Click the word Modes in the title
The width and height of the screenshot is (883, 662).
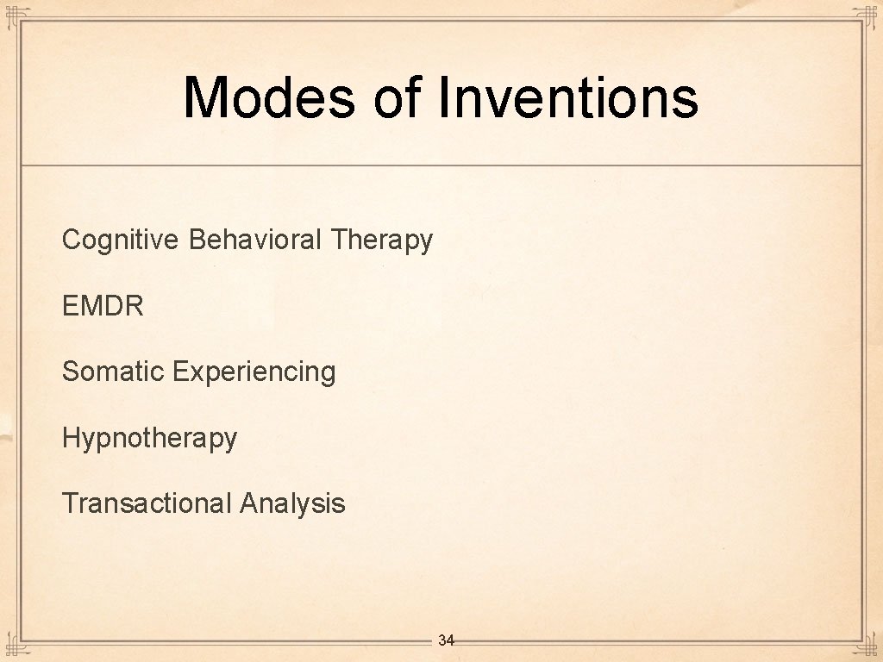click(268, 97)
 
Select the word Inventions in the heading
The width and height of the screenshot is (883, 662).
click(568, 97)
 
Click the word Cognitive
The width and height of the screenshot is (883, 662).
click(121, 240)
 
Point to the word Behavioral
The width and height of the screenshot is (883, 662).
click(254, 239)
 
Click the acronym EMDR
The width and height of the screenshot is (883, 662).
click(103, 305)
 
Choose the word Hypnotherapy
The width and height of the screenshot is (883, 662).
click(149, 439)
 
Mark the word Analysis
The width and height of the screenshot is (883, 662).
click(292, 504)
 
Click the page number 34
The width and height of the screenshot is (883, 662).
click(446, 640)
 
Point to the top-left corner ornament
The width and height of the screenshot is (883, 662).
click(12, 13)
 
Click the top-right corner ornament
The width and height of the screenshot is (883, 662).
click(869, 13)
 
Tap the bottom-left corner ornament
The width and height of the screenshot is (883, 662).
click(12, 649)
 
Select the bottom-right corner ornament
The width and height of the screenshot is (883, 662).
click(869, 649)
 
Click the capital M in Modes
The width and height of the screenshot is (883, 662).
click(204, 97)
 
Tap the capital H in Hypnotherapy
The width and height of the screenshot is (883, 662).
click(70, 437)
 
